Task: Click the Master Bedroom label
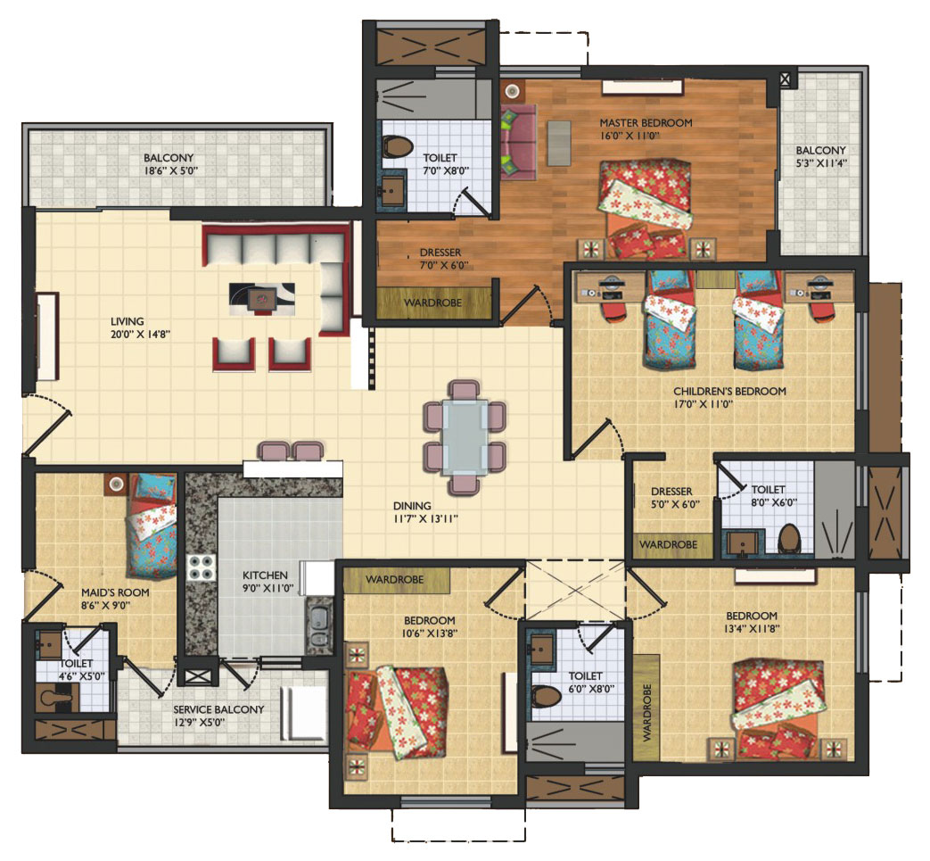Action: point(646,123)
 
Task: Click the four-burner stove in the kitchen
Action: point(201,567)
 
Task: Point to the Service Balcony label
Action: point(218,709)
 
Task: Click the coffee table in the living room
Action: point(261,299)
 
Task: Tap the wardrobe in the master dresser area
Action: point(433,302)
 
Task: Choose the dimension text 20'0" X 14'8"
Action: point(140,334)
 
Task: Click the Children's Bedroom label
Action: point(729,391)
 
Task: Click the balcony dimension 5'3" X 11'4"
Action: point(821,163)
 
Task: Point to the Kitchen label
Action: point(265,575)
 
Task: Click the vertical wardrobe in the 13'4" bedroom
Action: point(646,708)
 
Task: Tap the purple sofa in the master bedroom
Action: point(518,142)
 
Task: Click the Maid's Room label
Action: point(115,592)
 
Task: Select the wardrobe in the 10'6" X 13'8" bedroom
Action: point(396,580)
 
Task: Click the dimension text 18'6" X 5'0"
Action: point(170,171)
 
